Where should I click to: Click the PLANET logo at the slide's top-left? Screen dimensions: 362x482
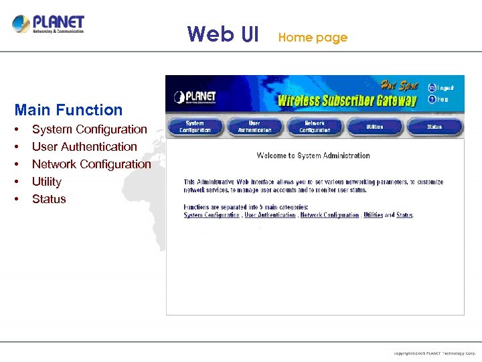coord(48,25)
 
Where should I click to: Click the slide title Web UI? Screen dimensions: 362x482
coord(223,34)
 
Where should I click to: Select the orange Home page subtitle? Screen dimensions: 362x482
coord(313,38)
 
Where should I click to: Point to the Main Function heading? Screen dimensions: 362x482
coord(68,110)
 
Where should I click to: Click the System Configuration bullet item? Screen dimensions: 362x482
coord(89,129)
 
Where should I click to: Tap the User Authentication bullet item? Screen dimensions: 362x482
coord(84,147)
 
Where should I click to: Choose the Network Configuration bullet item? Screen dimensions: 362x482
coord(91,164)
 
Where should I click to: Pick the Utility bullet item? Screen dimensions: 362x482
coord(46,182)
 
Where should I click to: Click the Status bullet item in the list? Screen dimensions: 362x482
coord(49,199)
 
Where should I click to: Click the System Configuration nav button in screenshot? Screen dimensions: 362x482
coord(195,127)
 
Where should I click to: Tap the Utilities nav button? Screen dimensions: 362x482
coord(375,127)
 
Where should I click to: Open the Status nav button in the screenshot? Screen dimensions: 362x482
coord(434,127)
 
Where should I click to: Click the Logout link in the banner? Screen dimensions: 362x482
coord(445,88)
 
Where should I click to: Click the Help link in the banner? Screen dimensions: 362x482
coord(443,99)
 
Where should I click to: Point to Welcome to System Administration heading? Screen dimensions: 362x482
coord(313,156)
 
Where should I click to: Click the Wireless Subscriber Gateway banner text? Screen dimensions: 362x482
coord(347,101)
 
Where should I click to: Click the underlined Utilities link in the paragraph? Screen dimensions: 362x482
coord(373,215)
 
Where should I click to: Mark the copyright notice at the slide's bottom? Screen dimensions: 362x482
coord(434,353)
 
